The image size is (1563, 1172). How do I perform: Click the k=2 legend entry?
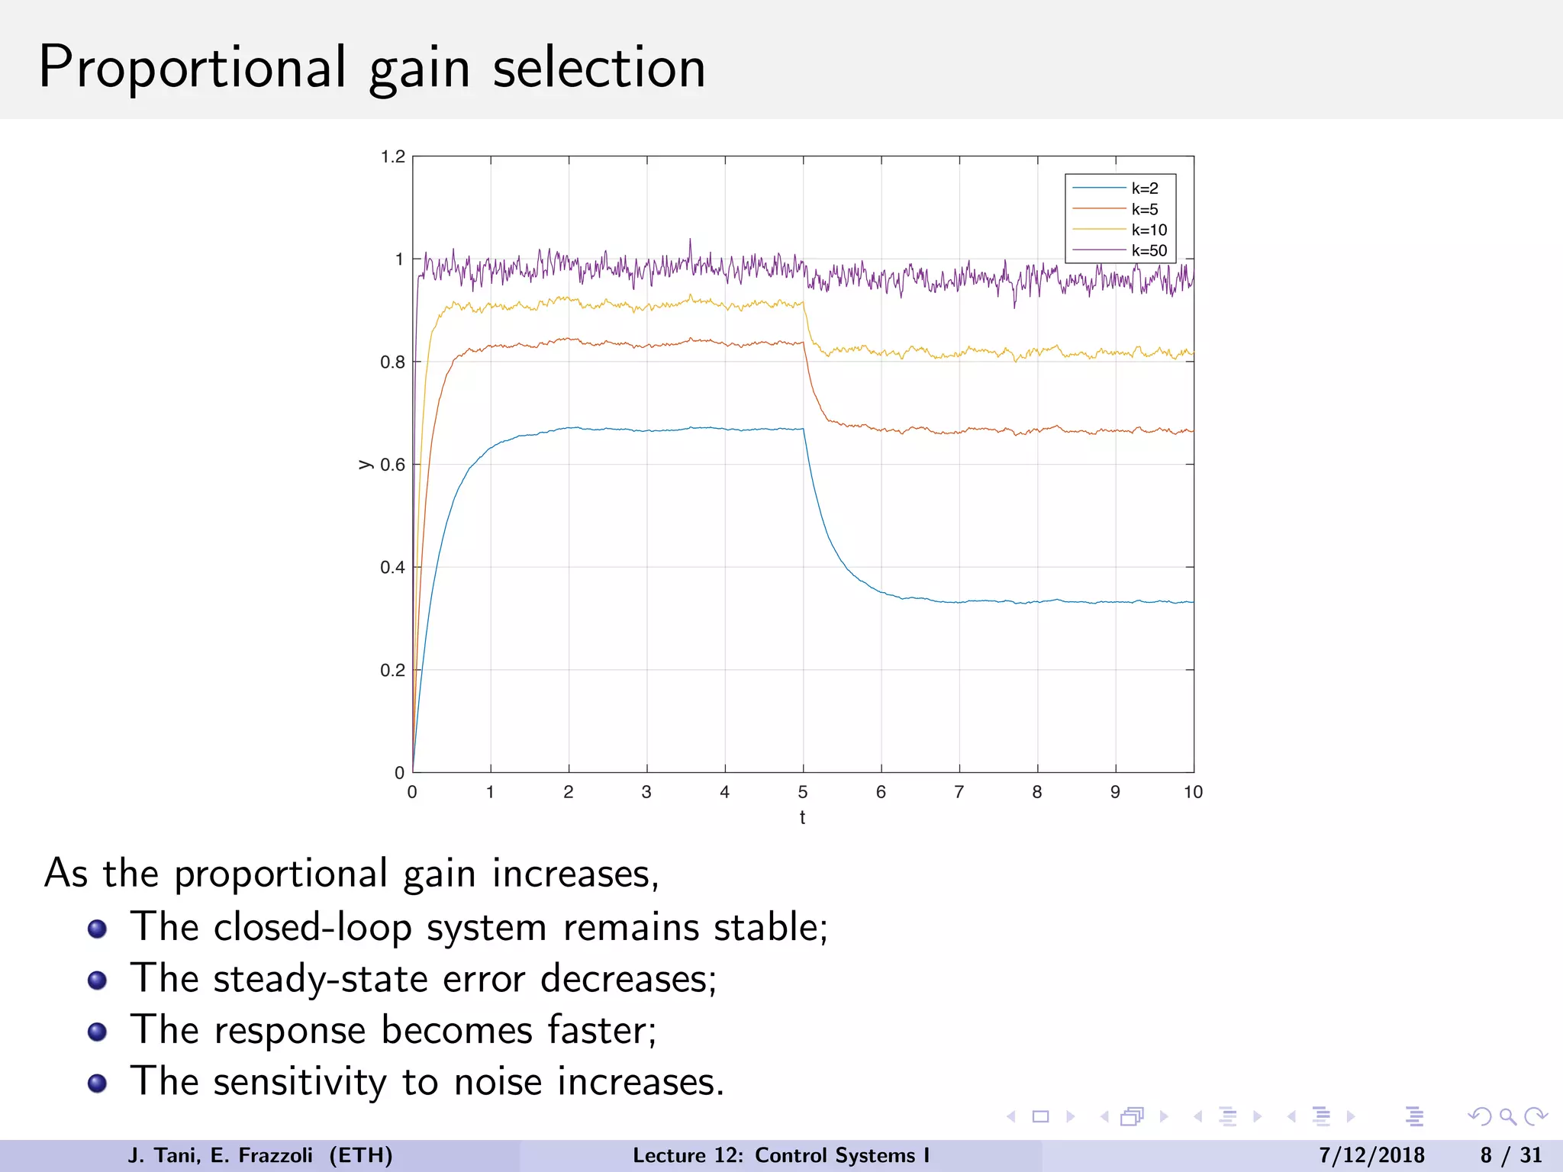pos(1144,188)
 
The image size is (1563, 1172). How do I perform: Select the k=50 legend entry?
pos(1149,251)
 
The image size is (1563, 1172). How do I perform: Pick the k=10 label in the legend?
pos(1149,230)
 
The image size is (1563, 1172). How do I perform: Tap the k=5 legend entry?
pos(1144,210)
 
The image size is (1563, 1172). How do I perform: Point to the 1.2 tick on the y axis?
pos(393,157)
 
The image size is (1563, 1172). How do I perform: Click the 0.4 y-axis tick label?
pos(393,568)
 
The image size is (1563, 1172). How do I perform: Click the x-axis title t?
pos(802,818)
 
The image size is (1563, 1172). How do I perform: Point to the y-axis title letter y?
pos(365,465)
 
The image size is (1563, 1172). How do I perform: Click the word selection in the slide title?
pos(599,69)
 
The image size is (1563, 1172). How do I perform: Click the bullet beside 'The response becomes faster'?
pos(97,1032)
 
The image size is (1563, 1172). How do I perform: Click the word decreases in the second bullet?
pos(628,979)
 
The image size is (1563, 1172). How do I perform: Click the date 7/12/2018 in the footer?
pos(1371,1155)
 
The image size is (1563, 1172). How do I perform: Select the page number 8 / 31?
pos(1511,1155)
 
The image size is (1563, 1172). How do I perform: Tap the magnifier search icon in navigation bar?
pos(1507,1117)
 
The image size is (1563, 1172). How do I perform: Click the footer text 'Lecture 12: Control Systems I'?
pos(781,1155)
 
